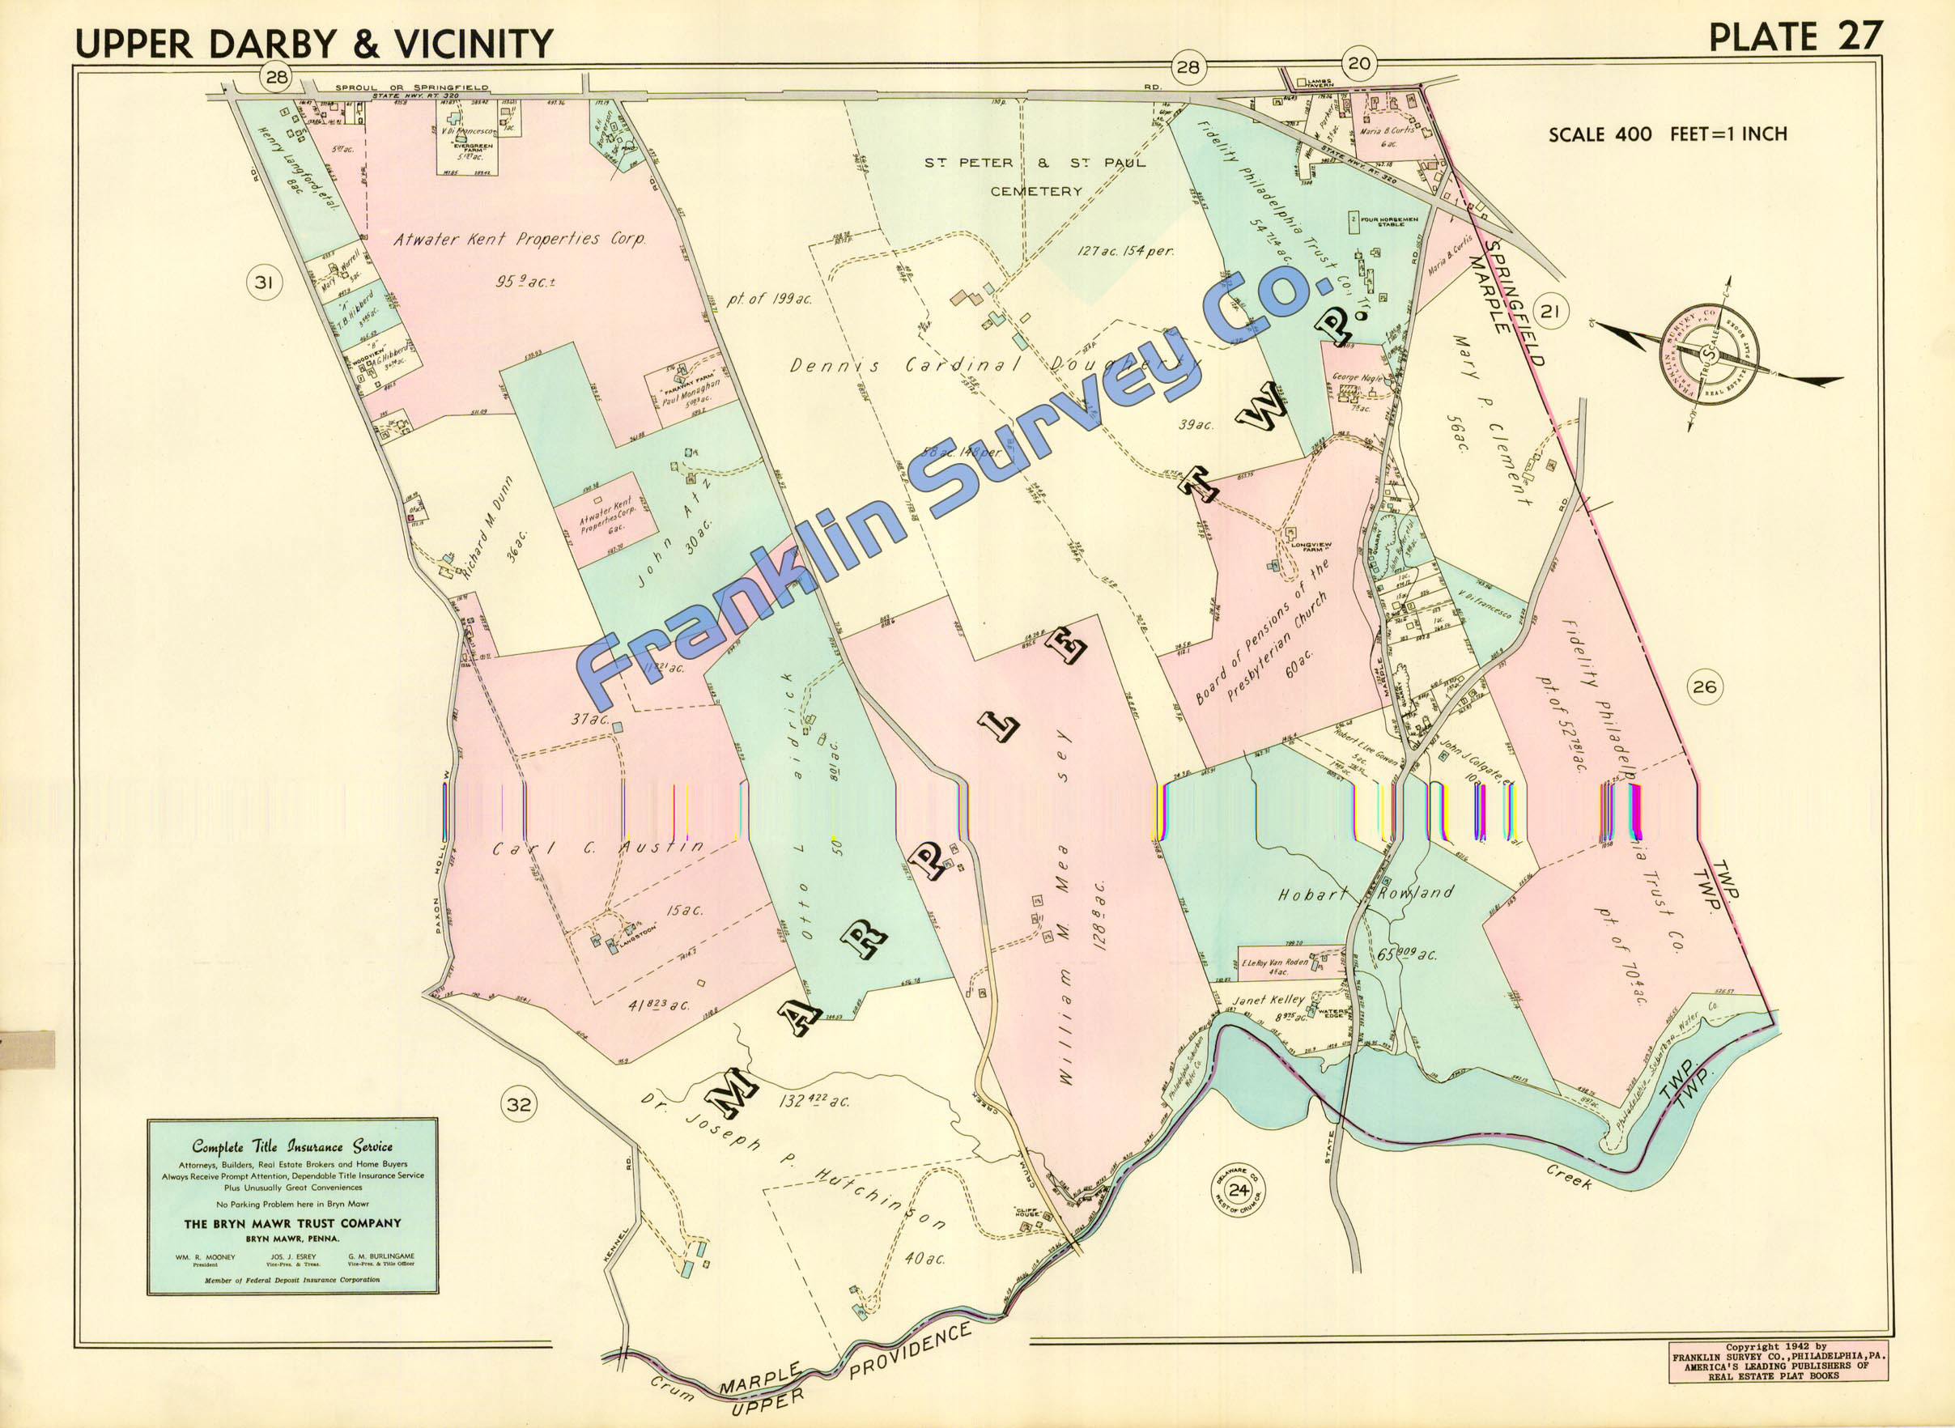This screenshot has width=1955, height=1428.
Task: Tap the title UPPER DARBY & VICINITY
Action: pos(314,43)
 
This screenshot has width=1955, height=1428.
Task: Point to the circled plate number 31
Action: pos(265,283)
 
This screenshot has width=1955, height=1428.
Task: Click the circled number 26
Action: pos(1704,687)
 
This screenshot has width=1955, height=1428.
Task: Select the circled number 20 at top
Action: pos(1358,64)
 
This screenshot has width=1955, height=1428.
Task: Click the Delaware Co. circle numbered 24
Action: pos(1239,1190)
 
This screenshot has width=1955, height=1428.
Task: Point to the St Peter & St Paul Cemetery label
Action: pos(1035,176)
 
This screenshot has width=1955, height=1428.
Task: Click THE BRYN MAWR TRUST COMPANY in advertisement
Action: pos(292,1223)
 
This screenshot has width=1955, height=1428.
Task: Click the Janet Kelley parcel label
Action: pos(1268,999)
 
